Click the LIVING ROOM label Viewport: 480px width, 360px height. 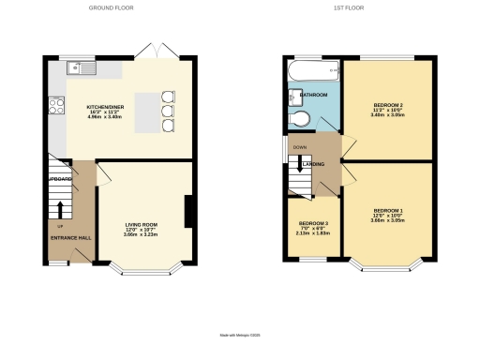click(142, 225)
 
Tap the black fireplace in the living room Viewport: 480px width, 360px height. click(190, 211)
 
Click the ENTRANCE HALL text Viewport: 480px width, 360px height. click(70, 238)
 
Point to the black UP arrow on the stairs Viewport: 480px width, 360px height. click(61, 208)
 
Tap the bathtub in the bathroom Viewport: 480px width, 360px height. click(313, 71)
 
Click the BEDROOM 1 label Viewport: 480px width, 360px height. click(387, 210)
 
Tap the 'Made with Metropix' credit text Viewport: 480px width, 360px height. click(240, 335)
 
